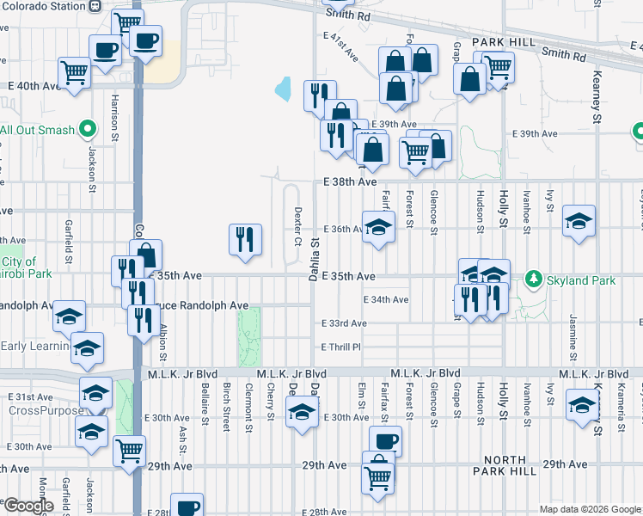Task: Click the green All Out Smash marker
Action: click(x=86, y=130)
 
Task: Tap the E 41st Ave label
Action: click(x=341, y=47)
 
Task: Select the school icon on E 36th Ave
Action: click(x=378, y=227)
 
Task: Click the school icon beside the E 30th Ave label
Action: click(x=302, y=414)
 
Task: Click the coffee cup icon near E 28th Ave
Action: click(x=187, y=507)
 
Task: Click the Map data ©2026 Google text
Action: click(x=589, y=509)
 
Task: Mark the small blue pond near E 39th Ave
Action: click(x=282, y=89)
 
